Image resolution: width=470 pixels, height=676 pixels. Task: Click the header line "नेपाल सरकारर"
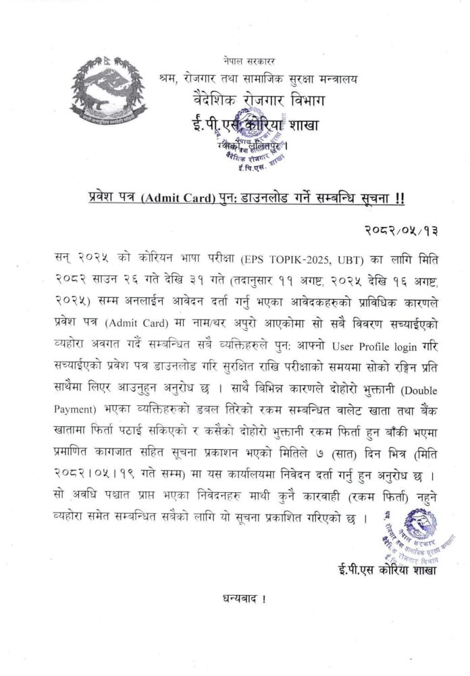251,62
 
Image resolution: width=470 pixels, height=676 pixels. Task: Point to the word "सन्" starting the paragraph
66,259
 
